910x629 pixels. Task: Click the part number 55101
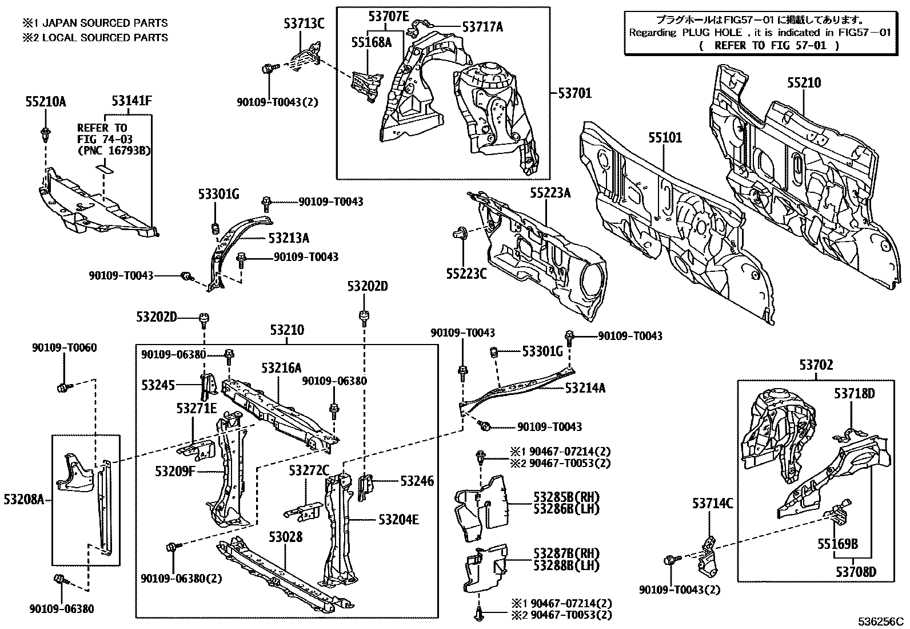tap(664, 138)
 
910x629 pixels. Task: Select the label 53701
tap(574, 93)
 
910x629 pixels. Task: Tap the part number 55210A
tap(46, 102)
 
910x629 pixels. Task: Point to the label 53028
tap(286, 537)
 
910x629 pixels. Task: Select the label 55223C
tap(466, 273)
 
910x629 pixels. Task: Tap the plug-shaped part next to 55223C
tap(460, 233)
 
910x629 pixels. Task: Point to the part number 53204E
tap(398, 520)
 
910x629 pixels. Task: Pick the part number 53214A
tap(585, 388)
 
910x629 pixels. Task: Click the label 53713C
tap(304, 23)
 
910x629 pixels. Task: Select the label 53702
tap(816, 365)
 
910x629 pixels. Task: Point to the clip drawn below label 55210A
tap(45, 135)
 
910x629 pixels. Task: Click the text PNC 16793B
tap(114, 151)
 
